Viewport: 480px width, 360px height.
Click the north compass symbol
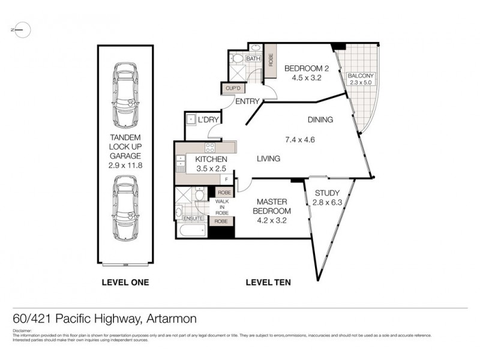click(x=20, y=29)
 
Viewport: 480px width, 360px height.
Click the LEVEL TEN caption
click(x=268, y=282)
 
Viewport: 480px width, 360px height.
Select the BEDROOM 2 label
click(x=304, y=67)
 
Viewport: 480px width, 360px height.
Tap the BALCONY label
click(x=361, y=76)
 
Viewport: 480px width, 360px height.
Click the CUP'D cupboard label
click(x=232, y=89)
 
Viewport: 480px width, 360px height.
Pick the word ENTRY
click(x=247, y=101)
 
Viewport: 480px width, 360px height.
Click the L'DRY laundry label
click(x=208, y=120)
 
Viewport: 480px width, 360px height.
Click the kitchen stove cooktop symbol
click(x=211, y=147)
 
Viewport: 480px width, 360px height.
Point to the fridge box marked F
click(x=226, y=179)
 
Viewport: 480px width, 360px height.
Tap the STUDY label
click(x=326, y=193)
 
